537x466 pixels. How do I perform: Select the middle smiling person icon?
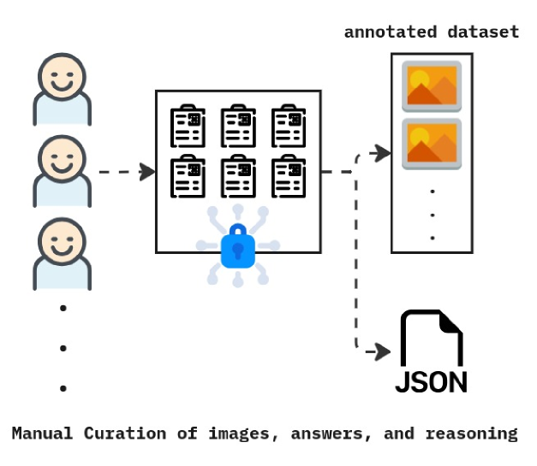pos(62,170)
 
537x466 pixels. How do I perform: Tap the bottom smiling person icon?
pos(62,253)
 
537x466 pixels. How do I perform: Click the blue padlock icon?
pos(237,247)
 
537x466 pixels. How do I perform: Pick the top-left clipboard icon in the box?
pos(188,127)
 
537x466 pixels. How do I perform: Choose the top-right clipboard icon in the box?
pos(289,127)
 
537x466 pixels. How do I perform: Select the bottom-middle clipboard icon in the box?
pos(238,177)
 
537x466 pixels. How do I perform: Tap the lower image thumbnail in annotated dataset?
pos(432,144)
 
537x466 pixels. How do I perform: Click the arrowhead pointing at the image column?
pos(382,154)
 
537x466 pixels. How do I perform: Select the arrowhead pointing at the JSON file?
pos(382,351)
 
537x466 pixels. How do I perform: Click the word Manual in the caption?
pos(43,434)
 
